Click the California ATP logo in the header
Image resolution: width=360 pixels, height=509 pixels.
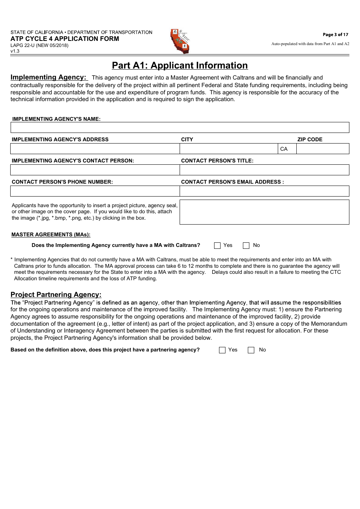pos(180,41)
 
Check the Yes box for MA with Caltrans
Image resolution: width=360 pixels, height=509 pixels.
pos(217,245)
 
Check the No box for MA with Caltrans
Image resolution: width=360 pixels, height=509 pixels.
pos(246,245)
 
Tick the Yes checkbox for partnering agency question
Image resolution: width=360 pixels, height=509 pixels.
pos(222,350)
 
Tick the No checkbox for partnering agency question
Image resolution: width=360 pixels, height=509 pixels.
pos(251,350)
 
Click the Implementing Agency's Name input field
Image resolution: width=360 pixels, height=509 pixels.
pos(180,128)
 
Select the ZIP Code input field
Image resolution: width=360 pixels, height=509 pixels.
pos(322,149)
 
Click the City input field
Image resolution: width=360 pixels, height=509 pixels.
pos(229,149)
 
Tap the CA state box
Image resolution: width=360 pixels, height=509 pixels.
pos(287,149)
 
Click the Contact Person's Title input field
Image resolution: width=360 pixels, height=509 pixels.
pos(264,170)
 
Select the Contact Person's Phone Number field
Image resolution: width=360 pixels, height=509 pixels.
pos(95,191)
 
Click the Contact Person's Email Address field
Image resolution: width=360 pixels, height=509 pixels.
pos(264,191)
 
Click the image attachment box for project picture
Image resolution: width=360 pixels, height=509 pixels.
pos(264,212)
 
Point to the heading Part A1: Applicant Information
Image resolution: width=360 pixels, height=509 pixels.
pos(180,66)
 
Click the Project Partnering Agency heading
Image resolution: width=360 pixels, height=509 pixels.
pos(56,295)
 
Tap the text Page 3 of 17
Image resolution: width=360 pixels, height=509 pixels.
pos(335,34)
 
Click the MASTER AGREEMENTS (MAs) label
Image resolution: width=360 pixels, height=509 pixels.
pos(51,235)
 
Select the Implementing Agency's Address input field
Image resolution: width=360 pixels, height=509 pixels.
pos(95,149)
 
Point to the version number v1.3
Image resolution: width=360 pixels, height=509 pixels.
pos(15,51)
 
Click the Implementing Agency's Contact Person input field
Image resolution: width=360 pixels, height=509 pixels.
pos(95,170)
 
